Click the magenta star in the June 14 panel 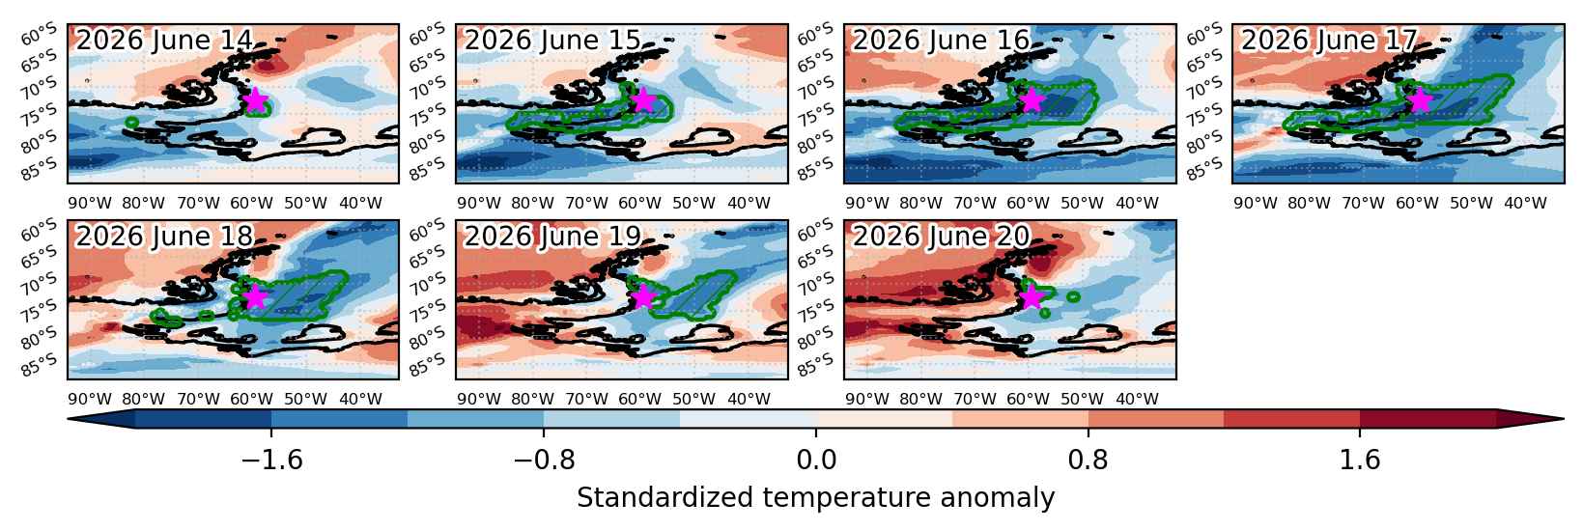(255, 101)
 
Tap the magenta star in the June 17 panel (1421, 101)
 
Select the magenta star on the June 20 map (1032, 296)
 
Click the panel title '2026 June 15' (551, 41)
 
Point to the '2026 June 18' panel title (164, 236)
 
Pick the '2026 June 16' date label (941, 41)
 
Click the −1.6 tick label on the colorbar (272, 461)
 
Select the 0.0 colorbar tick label (816, 461)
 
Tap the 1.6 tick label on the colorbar (1360, 461)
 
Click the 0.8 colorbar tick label (1088, 461)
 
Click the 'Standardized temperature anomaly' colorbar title (815, 498)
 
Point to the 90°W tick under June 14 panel (90, 204)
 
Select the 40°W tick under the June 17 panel (1525, 204)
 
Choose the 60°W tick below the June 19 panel (639, 399)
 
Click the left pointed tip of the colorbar (69, 419)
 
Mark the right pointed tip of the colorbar (1563, 419)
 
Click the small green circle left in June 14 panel (130, 123)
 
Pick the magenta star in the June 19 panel (643, 296)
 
